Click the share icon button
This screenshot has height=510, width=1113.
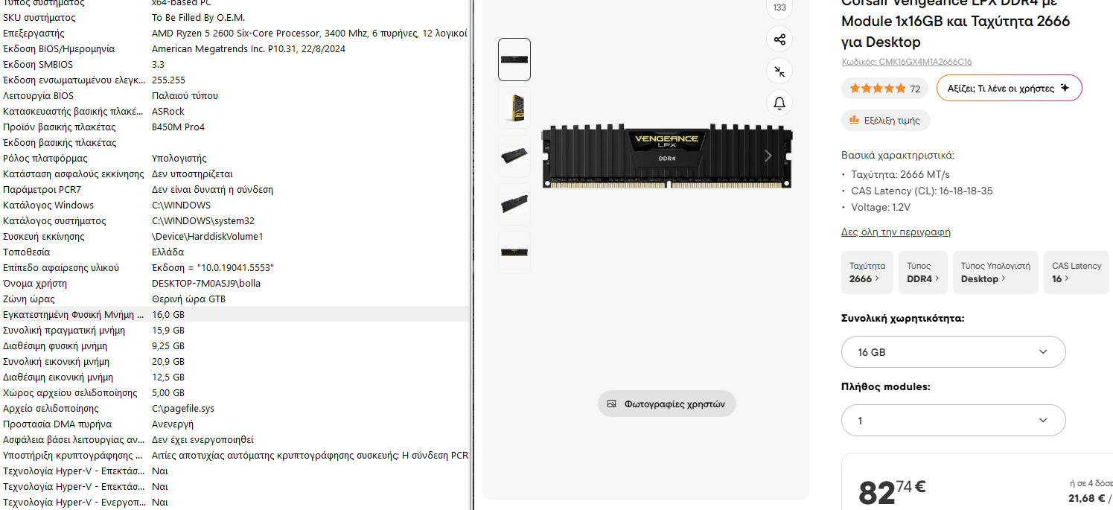pyautogui.click(x=779, y=39)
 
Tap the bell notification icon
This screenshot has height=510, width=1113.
pyautogui.click(x=779, y=103)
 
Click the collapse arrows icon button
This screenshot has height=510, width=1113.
pyautogui.click(x=779, y=71)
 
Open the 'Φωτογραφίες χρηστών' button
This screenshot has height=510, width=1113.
pyautogui.click(x=666, y=404)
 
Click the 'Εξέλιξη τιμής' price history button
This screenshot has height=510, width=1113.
pyautogui.click(x=885, y=121)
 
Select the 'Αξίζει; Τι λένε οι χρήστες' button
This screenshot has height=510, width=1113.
pyautogui.click(x=1010, y=88)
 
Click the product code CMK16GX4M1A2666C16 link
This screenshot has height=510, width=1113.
pyautogui.click(x=907, y=62)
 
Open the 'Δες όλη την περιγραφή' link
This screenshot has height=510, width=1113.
pyautogui.click(x=896, y=232)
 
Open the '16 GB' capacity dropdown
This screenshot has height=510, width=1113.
pyautogui.click(x=953, y=352)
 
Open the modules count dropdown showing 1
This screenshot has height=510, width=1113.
pyautogui.click(x=953, y=421)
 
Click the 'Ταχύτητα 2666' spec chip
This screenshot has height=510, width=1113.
pyautogui.click(x=867, y=272)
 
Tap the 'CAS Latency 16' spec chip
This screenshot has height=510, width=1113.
pyautogui.click(x=1077, y=272)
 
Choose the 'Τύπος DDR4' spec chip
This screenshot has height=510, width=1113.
pyautogui.click(x=922, y=272)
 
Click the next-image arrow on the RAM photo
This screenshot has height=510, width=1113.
pyautogui.click(x=768, y=156)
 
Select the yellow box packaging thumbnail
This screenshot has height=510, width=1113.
pyautogui.click(x=514, y=107)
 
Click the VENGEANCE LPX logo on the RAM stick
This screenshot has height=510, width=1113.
pyautogui.click(x=666, y=141)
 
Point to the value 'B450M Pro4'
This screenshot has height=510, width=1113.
pyautogui.click(x=178, y=127)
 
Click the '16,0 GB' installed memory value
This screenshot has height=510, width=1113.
pyautogui.click(x=168, y=315)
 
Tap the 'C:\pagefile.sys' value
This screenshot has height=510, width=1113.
pyautogui.click(x=183, y=409)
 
